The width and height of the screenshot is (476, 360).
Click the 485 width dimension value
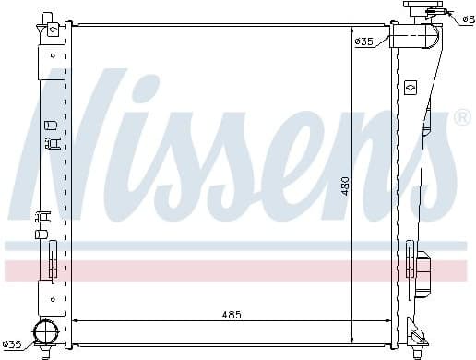coord(231,315)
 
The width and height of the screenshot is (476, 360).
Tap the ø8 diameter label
coord(468,18)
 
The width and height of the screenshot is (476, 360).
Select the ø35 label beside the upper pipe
coord(363,41)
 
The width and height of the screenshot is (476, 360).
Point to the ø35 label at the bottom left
coord(13,344)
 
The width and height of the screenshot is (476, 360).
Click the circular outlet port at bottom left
coord(44,333)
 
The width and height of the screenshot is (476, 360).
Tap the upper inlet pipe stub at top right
coord(412,36)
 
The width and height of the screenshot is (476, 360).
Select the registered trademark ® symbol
coord(462,118)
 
